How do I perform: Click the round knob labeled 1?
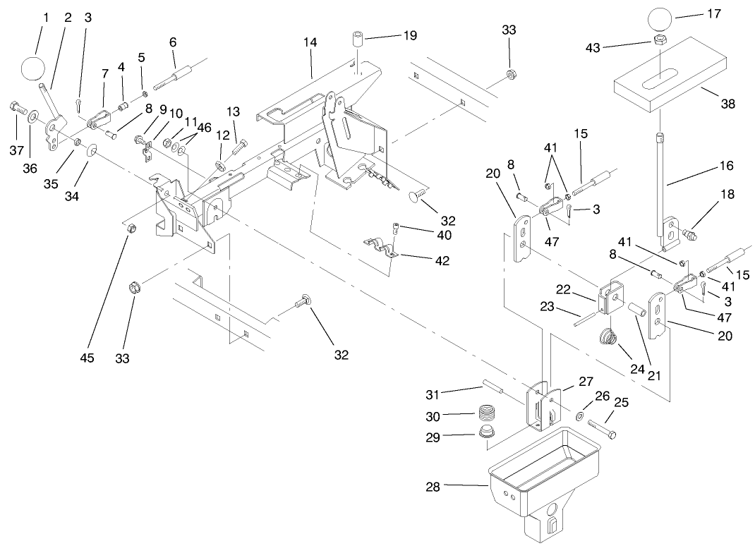pos(33,68)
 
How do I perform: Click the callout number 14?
pos(310,43)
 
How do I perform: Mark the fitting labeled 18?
pos(689,234)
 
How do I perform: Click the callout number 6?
pos(173,42)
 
